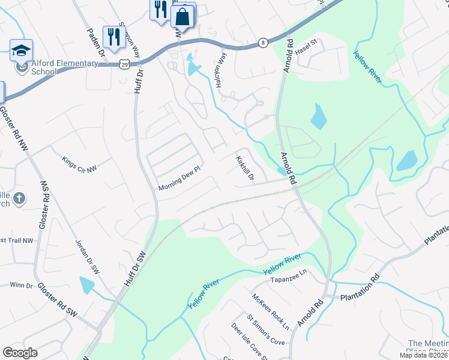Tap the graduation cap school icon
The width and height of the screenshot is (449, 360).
21,50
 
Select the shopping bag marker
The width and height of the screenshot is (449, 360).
182,17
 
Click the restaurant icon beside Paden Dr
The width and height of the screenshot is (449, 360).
113,37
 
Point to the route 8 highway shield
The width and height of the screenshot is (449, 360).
263,42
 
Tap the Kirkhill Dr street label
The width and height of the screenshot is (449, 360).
245,169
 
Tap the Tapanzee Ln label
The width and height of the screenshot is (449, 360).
289,280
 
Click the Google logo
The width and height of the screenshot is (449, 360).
20,353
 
